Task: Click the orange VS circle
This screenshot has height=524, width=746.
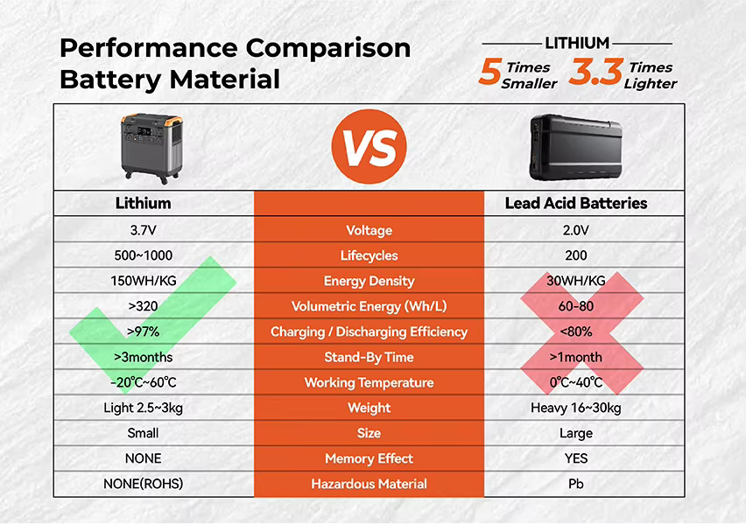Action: [369, 146]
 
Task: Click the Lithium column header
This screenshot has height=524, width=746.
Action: [144, 203]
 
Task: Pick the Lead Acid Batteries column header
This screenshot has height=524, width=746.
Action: [576, 203]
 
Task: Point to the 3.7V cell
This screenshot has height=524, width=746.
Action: [144, 230]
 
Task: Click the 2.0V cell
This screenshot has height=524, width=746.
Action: [574, 230]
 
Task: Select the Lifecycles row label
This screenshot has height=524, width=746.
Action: [369, 255]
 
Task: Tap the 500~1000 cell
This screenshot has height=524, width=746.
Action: [144, 255]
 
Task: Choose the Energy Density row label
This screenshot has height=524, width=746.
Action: [369, 281]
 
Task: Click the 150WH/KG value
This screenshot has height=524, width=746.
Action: [144, 281]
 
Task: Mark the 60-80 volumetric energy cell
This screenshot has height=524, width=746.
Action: [574, 306]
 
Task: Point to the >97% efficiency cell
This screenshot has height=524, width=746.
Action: [144, 332]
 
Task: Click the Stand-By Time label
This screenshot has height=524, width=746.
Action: [369, 357]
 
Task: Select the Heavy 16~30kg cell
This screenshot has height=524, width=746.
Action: [574, 408]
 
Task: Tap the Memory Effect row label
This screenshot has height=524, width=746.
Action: [369, 458]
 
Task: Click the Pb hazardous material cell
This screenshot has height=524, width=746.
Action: [574, 484]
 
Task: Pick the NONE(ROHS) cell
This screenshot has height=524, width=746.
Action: [144, 484]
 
